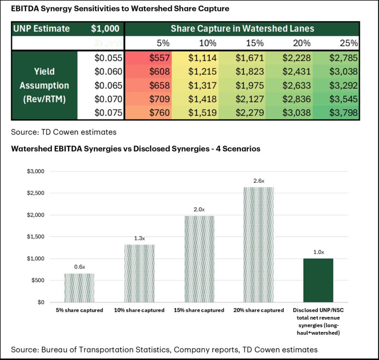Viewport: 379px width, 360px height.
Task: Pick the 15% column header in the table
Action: click(255, 43)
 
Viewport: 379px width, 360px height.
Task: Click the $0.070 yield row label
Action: click(108, 99)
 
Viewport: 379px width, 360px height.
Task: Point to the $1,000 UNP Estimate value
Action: click(105, 28)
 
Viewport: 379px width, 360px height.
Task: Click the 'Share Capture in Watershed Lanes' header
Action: click(242, 28)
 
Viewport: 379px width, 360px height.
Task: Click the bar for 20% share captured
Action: click(258, 245)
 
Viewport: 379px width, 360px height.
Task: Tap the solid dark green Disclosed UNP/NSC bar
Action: click(318, 280)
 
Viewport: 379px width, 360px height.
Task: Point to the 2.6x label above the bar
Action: click(258, 181)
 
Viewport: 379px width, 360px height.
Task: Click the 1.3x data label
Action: click(139, 239)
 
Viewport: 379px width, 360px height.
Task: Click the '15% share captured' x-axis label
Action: click(199, 310)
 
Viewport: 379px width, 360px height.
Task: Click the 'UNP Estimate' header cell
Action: click(41, 28)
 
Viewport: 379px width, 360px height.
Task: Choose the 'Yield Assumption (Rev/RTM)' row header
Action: click(44, 85)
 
